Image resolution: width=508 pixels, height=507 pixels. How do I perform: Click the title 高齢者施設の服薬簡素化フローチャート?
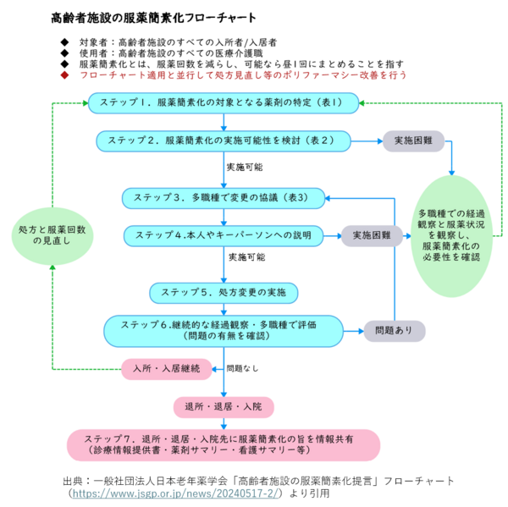[153, 17]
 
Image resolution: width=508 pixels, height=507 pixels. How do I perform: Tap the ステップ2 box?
[224, 140]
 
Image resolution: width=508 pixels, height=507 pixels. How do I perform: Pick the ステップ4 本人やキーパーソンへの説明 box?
[224, 234]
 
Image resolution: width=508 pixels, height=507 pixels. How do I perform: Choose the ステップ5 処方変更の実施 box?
[224, 293]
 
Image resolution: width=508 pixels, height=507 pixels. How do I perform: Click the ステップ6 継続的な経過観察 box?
[224, 329]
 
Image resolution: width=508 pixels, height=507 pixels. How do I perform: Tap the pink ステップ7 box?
[224, 445]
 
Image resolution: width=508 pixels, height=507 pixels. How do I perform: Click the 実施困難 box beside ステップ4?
[372, 234]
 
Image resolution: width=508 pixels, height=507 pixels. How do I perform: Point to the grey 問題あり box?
[394, 329]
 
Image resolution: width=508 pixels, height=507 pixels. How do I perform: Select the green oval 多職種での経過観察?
[451, 234]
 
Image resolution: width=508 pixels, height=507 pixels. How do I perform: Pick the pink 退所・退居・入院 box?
[224, 407]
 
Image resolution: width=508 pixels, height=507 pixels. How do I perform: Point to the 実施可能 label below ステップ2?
[245, 168]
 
